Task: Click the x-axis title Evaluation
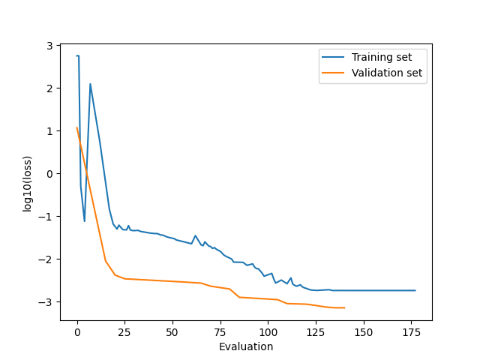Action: coord(246,346)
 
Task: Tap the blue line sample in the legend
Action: coord(334,57)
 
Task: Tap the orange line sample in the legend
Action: coord(334,73)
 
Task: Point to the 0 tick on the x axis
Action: coord(77,331)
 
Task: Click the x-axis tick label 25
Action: coord(125,331)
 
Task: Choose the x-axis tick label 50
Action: coord(172,331)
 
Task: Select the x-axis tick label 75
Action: coord(220,331)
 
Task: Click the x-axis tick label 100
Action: coord(268,331)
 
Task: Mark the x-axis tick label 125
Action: coord(316,331)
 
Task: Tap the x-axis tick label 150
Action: coord(364,331)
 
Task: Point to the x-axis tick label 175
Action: coord(412,331)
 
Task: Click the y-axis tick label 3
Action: coord(50,46)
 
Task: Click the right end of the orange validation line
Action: coord(344,307)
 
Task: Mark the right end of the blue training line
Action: coord(415,290)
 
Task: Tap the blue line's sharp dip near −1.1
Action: coord(85,221)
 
